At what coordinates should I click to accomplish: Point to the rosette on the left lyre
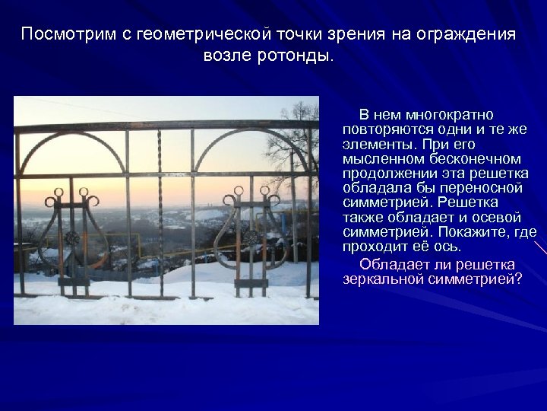pyautogui.click(x=71, y=239)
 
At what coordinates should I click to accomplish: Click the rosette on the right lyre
pyautogui.click(x=248, y=237)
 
